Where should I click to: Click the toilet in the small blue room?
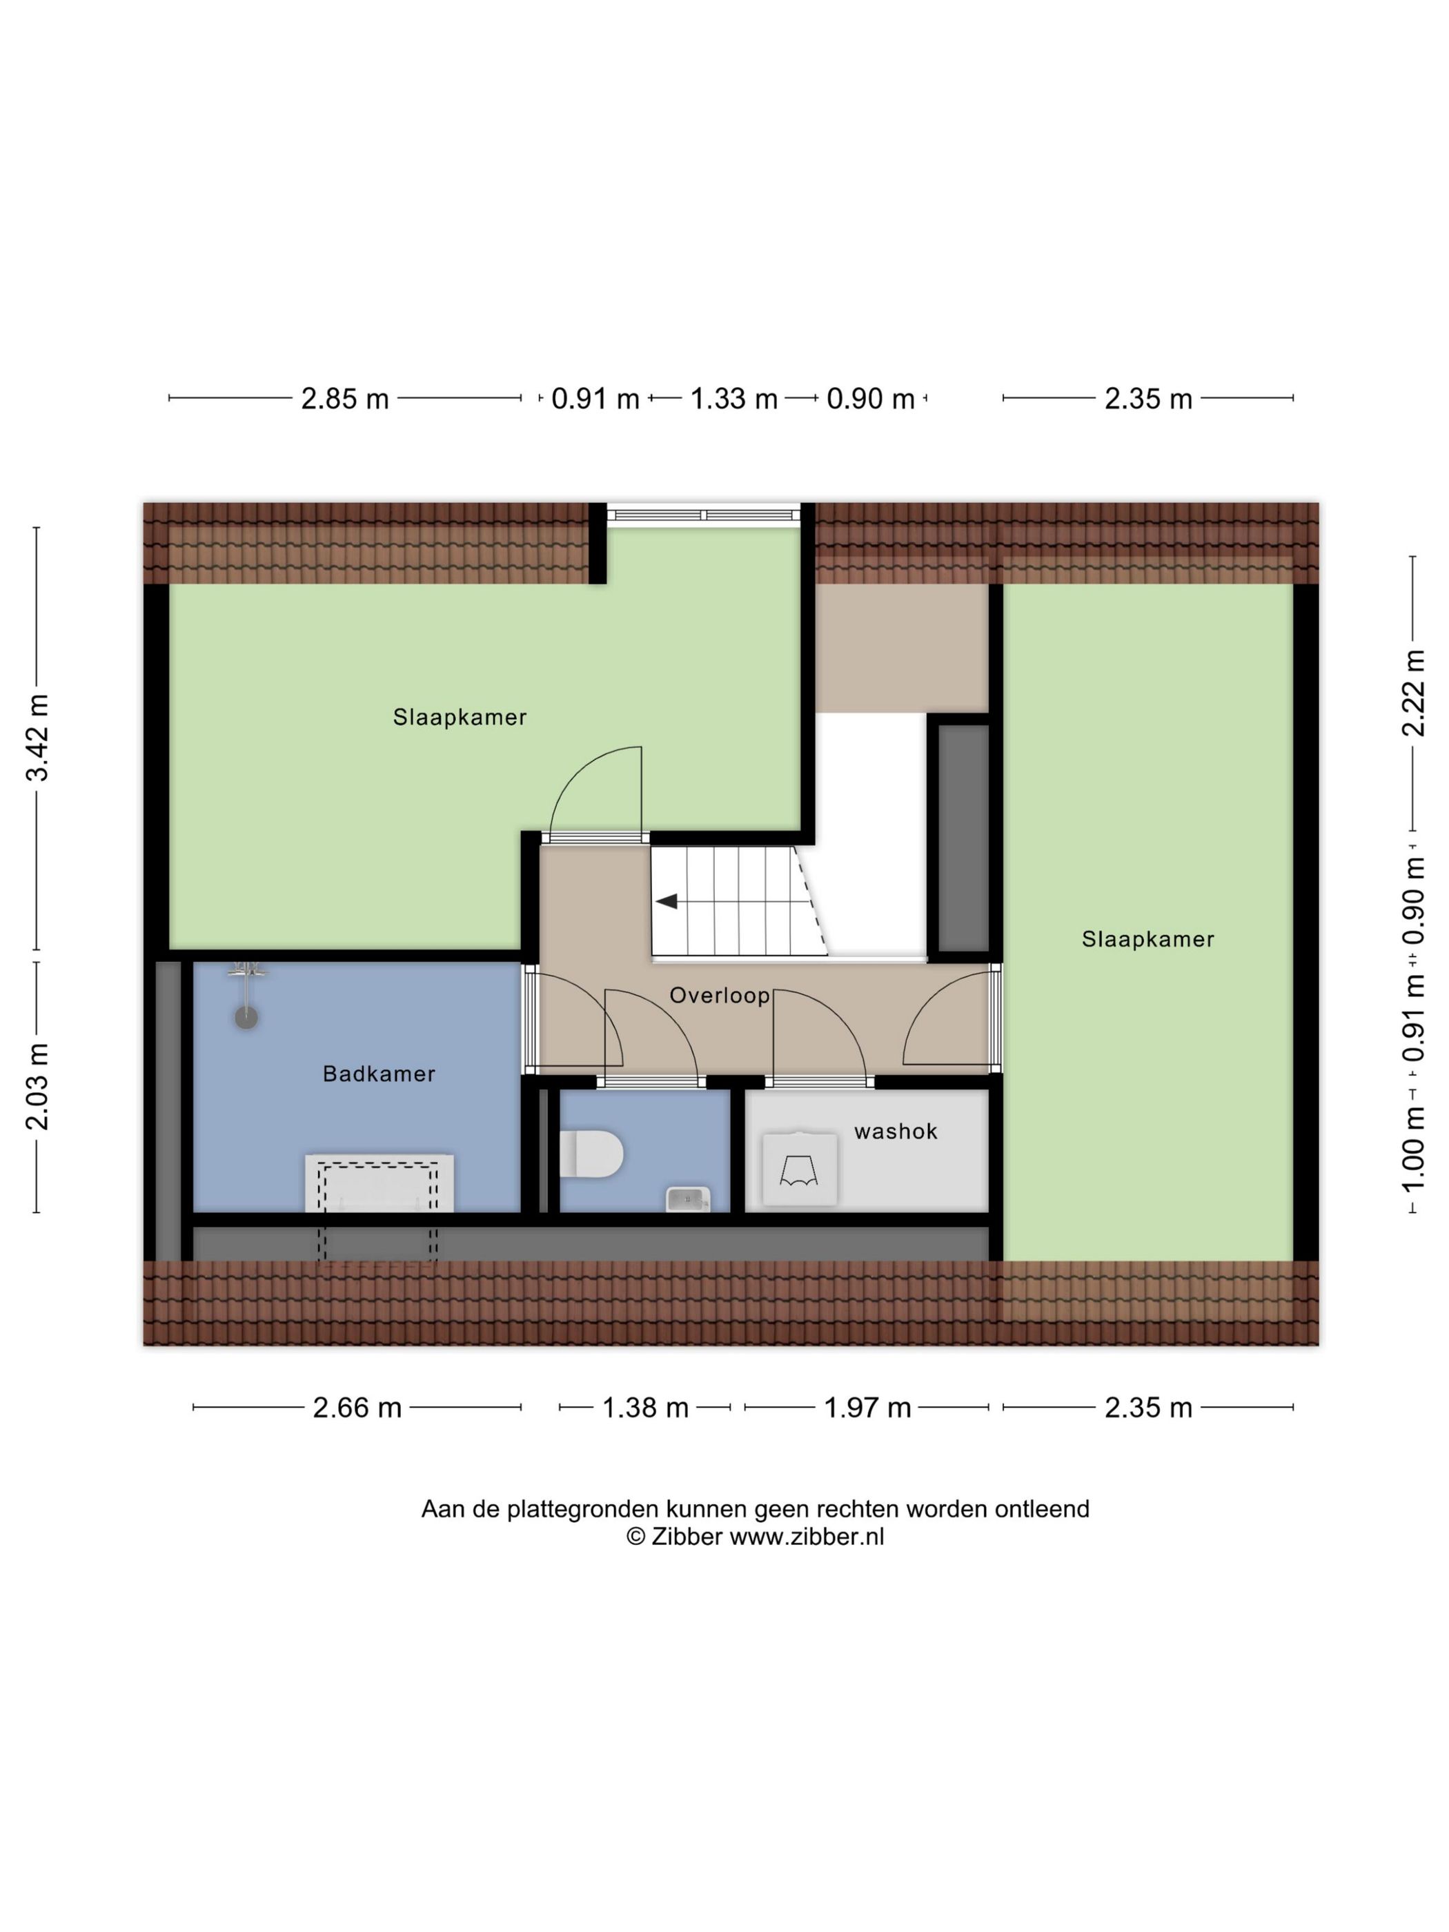coord(591,1154)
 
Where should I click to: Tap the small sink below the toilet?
coord(687,1199)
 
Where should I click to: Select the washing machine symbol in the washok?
coord(799,1169)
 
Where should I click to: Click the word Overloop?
coord(720,996)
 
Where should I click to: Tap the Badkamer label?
coord(379,1074)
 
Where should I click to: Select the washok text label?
coord(895,1131)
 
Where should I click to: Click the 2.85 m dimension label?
coord(345,399)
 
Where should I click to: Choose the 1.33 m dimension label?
coord(733,399)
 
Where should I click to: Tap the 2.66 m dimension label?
coord(357,1408)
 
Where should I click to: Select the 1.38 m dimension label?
coord(645,1408)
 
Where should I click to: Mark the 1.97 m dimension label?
coord(867,1408)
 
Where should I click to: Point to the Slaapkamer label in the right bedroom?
coord(1147,939)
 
